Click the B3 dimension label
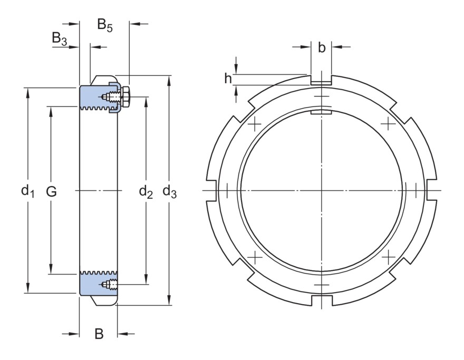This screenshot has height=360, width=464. pos(59,38)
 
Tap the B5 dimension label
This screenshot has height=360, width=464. pos(105,25)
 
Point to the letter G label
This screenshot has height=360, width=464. pos(51,191)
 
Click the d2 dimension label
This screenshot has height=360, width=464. pos(146,191)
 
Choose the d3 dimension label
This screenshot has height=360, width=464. pos(169,191)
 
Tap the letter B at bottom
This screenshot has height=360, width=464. pos(99,334)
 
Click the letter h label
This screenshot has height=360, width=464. pos(228,79)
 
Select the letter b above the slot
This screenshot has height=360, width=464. pos(322,48)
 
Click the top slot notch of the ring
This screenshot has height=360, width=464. pos(321,81)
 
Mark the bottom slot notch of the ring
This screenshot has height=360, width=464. pos(321,300)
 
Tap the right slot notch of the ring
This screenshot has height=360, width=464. pos(432,190)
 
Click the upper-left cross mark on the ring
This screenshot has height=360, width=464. pos(254,124)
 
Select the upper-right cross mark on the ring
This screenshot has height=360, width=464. pos(388,124)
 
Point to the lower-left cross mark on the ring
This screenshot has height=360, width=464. pos(254,257)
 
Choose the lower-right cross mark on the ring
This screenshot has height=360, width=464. pos(388,257)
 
